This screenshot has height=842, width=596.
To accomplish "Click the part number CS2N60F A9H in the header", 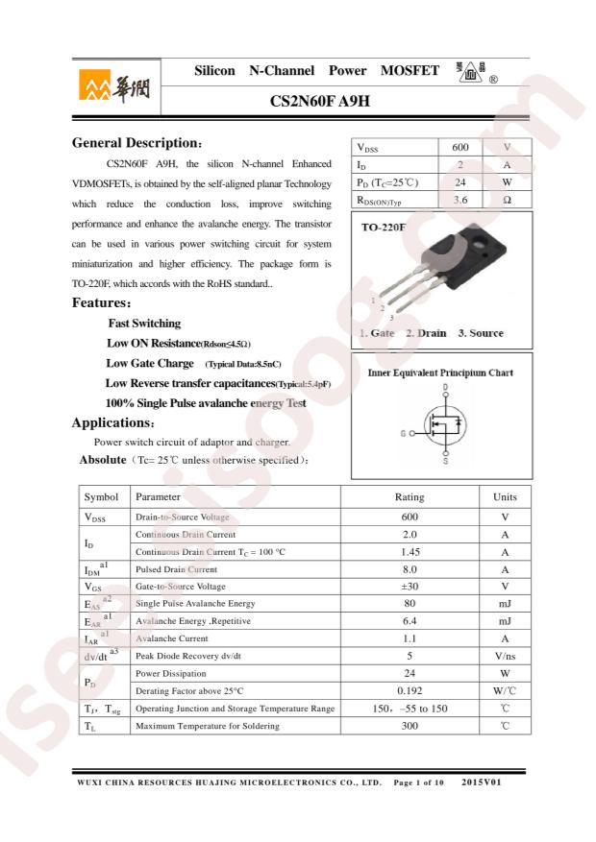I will click(320, 100).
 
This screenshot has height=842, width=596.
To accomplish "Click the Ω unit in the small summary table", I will click(506, 200).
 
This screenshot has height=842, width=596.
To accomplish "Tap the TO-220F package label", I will click(384, 229).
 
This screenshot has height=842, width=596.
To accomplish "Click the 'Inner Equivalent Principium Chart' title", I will click(440, 373).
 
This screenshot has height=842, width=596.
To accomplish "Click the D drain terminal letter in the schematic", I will click(445, 388).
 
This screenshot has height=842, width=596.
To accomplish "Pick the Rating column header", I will click(410, 497).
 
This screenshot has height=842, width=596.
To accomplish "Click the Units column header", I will click(505, 497).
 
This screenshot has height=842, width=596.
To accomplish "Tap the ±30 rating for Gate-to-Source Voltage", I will click(410, 587).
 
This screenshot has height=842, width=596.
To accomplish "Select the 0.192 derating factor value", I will click(410, 690).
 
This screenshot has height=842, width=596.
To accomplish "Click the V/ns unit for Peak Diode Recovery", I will click(505, 656).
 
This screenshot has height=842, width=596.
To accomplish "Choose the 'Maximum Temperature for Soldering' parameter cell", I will click(208, 726).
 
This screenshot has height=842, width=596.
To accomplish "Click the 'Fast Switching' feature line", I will click(144, 324).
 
